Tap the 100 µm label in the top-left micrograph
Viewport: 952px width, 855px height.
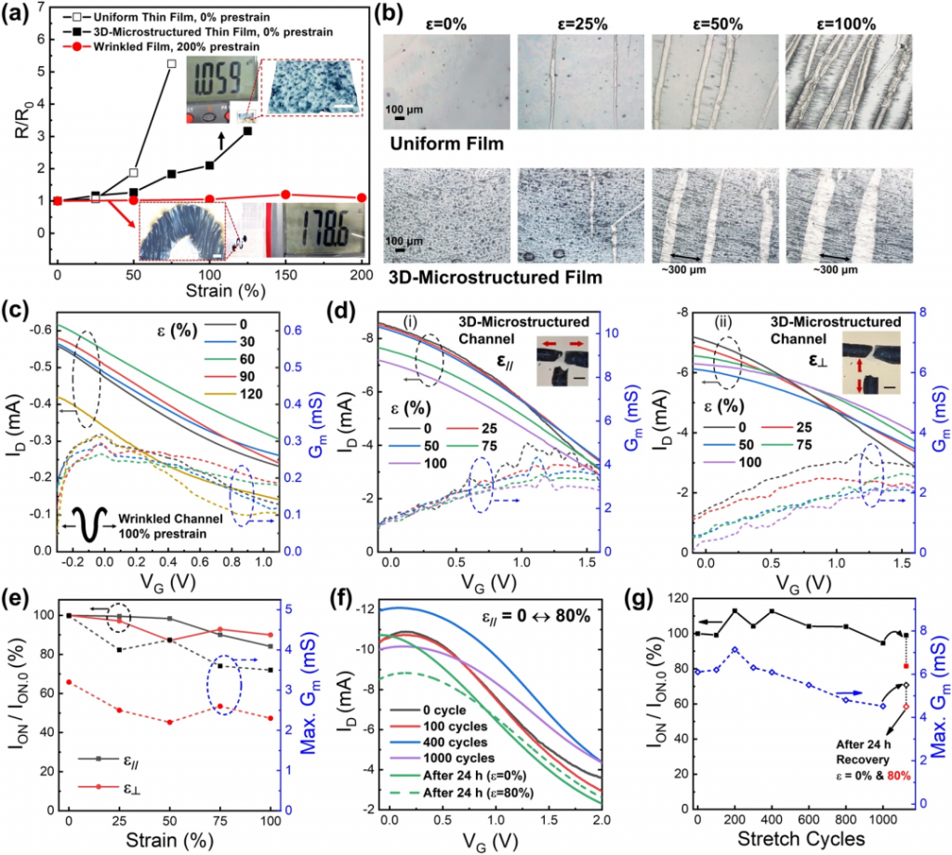tap(405, 109)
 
